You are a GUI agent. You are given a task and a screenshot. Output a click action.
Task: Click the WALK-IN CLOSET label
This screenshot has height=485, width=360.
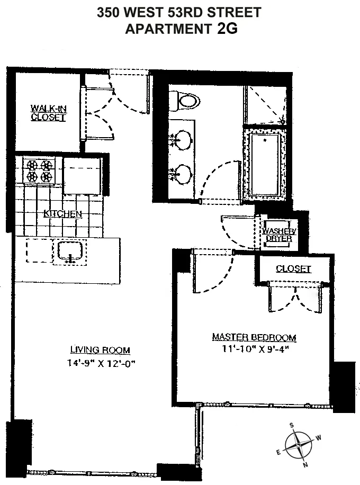point(48,113)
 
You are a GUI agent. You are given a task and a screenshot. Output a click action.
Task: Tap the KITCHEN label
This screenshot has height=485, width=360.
point(62,214)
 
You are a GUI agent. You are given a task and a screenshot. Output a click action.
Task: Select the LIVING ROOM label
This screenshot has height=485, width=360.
point(100,350)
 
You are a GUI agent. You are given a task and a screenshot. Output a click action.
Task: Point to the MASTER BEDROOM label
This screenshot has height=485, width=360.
point(254,337)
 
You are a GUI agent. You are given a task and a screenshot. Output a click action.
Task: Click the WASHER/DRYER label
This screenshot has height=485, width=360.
point(278,234)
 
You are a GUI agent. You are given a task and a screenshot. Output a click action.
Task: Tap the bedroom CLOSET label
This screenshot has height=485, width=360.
point(293,269)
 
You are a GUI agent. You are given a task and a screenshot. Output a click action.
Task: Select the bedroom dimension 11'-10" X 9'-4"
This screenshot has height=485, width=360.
point(254,349)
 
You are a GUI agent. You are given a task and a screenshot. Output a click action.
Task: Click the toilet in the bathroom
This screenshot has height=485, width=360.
point(185,100)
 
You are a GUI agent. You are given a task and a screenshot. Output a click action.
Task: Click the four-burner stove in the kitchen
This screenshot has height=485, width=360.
point(40,171)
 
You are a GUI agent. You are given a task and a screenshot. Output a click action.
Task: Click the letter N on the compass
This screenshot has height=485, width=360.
point(305,465)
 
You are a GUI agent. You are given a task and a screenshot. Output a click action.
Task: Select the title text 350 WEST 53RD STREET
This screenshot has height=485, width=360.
point(179,12)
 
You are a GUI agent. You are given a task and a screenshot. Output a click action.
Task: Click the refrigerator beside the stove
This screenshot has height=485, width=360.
point(82,175)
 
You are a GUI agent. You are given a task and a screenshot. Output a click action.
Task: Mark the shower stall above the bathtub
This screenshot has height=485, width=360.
point(265,105)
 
